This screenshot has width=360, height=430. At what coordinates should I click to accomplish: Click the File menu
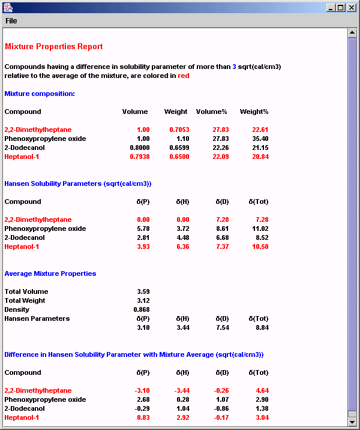(11, 21)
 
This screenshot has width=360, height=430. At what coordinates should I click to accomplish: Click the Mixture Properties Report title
(53, 46)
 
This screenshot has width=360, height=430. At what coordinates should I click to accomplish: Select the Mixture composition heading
(40, 94)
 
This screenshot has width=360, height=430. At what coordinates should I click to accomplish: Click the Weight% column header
(254, 112)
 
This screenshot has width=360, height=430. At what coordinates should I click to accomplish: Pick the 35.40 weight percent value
(260, 139)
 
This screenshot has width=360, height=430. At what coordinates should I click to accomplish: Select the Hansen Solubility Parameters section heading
(77, 184)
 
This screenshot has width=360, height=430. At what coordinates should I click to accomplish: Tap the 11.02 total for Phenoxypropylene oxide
(260, 228)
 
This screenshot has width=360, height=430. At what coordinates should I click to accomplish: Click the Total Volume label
(26, 291)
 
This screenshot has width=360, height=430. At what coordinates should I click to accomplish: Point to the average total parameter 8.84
(261, 327)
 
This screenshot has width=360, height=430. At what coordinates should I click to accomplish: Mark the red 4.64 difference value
(261, 390)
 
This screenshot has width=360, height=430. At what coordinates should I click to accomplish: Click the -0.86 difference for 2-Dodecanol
(221, 408)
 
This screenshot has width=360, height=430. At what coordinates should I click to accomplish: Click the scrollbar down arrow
(352, 422)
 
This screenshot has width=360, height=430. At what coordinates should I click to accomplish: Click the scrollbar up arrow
(352, 32)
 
